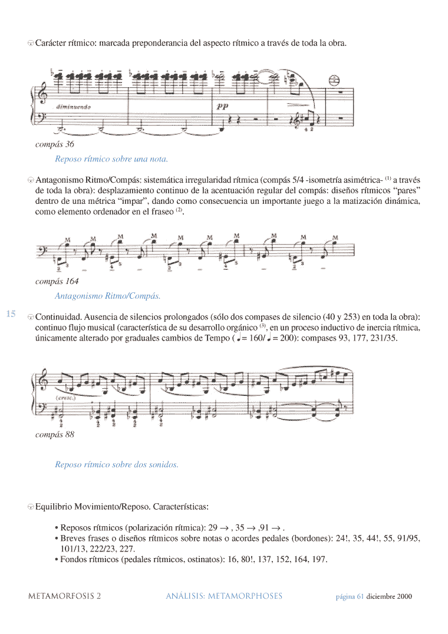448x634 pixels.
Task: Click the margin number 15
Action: (11, 313)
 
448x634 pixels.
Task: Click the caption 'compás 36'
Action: (55, 144)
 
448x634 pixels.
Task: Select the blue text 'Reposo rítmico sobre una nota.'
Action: (111, 158)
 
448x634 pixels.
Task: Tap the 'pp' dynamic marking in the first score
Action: (222, 107)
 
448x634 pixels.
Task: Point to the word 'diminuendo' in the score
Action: (74, 107)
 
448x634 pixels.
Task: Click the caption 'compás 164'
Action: (57, 281)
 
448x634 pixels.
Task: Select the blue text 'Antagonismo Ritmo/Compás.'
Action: (107, 296)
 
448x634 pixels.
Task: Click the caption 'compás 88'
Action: (55, 435)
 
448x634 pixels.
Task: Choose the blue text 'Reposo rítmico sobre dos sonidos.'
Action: (116, 464)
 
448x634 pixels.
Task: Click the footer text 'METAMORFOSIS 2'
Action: (65, 596)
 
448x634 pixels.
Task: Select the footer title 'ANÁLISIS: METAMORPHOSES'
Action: (224, 596)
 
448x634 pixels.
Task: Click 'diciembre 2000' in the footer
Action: (389, 596)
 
